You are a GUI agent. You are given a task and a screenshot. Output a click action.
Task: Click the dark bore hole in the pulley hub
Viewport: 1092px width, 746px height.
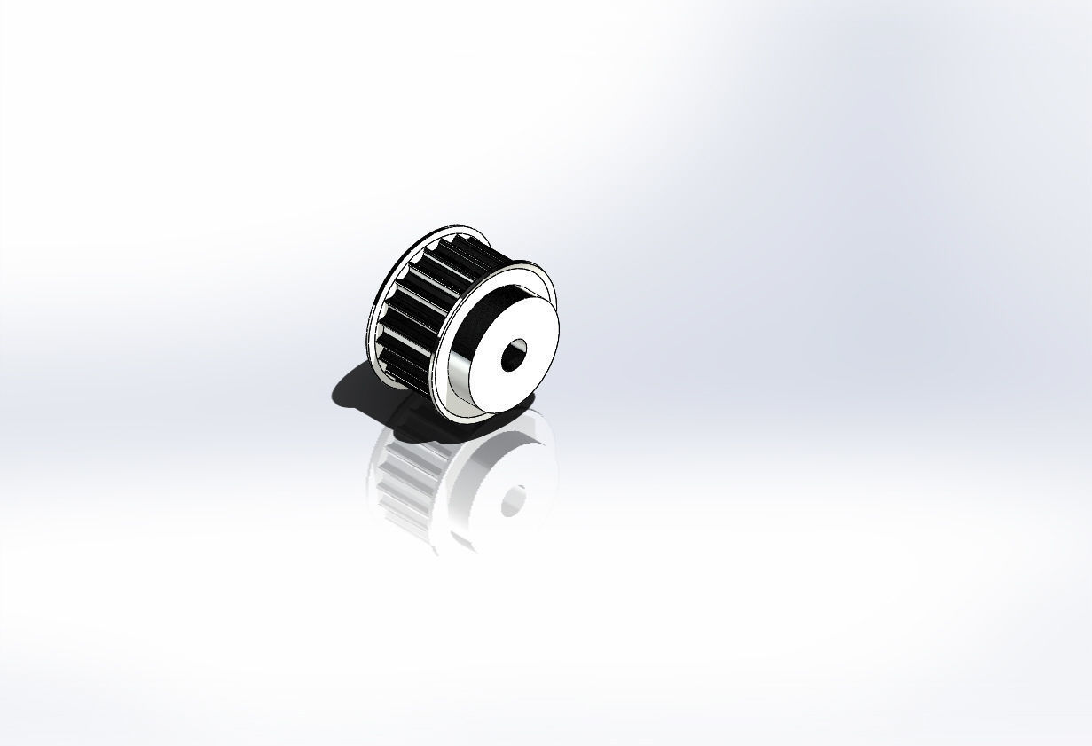(514, 355)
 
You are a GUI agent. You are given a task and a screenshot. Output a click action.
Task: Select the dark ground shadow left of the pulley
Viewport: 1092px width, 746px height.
(350, 390)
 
